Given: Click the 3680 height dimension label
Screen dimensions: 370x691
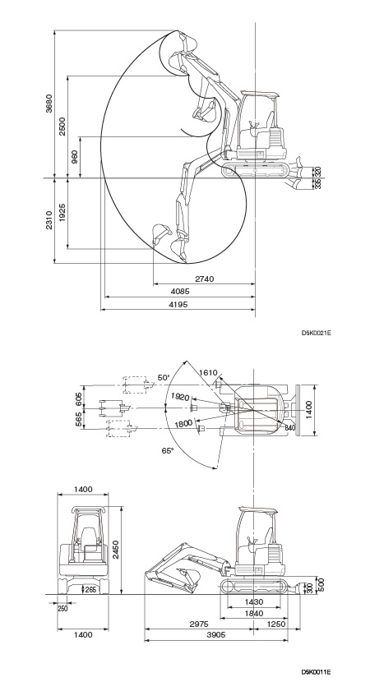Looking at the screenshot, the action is [x=49, y=104].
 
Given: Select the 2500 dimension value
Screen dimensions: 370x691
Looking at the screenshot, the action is [x=62, y=127].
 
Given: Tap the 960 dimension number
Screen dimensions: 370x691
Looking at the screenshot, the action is [x=75, y=157].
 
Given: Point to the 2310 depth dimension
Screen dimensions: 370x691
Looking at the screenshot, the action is [x=49, y=220].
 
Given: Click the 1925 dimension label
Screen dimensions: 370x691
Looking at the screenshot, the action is [x=62, y=213].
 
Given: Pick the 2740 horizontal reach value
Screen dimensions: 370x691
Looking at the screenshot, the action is [x=204, y=279].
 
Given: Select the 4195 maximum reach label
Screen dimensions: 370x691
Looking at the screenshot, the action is [x=178, y=305].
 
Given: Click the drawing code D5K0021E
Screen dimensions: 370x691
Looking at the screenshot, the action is [x=317, y=333].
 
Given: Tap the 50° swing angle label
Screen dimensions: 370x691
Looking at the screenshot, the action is [x=164, y=378].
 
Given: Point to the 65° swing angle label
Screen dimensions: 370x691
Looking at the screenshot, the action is [x=168, y=450].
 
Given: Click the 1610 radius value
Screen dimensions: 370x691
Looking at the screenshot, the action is [x=208, y=373].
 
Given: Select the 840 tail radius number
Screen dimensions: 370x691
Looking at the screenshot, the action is [x=289, y=428].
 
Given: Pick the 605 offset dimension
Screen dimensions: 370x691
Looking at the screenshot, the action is [x=79, y=398].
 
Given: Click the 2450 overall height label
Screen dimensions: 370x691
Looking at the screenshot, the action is [x=116, y=550].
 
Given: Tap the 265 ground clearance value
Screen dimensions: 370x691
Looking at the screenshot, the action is [x=90, y=590].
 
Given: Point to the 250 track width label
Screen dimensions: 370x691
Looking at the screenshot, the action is [x=62, y=609].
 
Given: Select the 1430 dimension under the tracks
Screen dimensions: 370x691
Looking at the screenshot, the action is [x=253, y=602].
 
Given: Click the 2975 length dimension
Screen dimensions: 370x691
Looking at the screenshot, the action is [x=199, y=624].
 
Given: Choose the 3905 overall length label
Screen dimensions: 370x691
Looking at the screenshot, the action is [x=216, y=635].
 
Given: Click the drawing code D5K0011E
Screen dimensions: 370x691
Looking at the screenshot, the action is [x=317, y=672].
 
